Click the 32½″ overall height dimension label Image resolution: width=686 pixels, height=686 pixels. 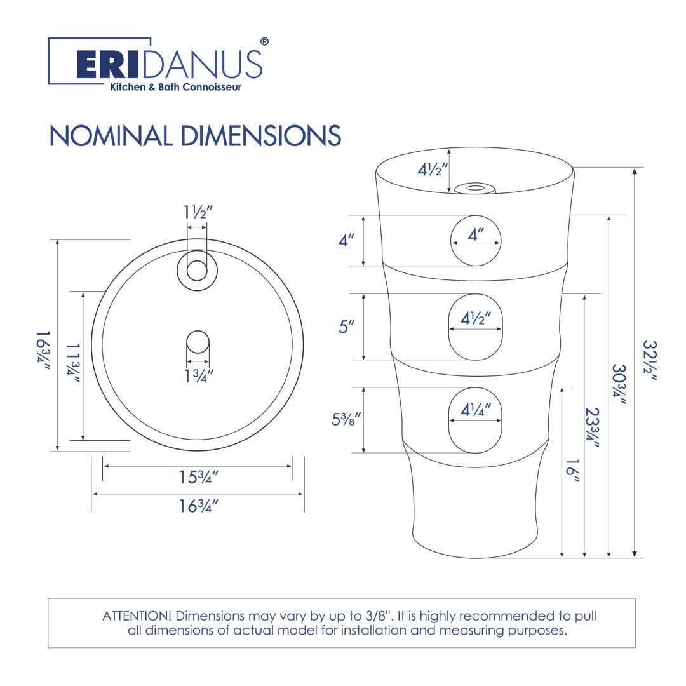[650, 361]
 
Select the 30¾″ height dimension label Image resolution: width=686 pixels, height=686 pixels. [619, 384]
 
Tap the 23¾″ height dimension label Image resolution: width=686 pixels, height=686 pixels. [593, 427]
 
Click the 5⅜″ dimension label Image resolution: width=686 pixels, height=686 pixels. [346, 419]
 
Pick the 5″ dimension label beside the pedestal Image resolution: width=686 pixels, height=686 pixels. [346, 326]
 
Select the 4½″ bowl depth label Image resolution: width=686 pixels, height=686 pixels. [433, 170]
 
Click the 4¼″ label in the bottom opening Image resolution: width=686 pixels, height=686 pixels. [476, 410]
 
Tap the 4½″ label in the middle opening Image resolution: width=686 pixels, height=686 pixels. [476, 318]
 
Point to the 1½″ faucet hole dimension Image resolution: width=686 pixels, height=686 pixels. [198, 212]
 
